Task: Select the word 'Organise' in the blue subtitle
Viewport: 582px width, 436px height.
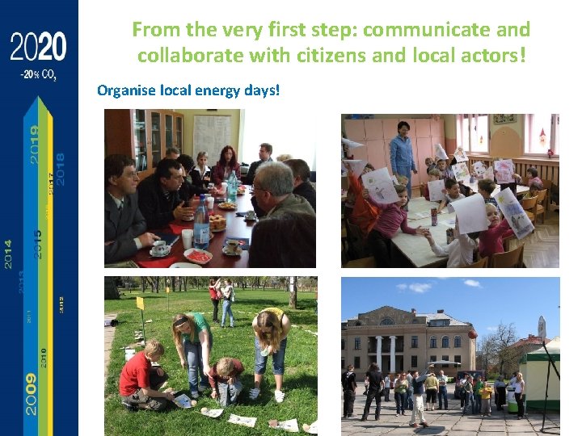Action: (x=125, y=90)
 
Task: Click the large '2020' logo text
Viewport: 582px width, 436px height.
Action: (x=39, y=48)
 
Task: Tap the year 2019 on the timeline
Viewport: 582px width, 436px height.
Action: (x=34, y=144)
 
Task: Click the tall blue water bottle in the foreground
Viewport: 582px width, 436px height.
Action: (x=201, y=224)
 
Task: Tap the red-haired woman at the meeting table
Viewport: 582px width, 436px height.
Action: (x=226, y=163)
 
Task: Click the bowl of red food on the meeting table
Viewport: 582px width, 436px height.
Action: (x=197, y=256)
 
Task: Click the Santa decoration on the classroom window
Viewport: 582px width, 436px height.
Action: (x=553, y=146)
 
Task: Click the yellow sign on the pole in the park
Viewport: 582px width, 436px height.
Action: (x=141, y=304)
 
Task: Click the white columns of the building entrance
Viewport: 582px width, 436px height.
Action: (x=386, y=353)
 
